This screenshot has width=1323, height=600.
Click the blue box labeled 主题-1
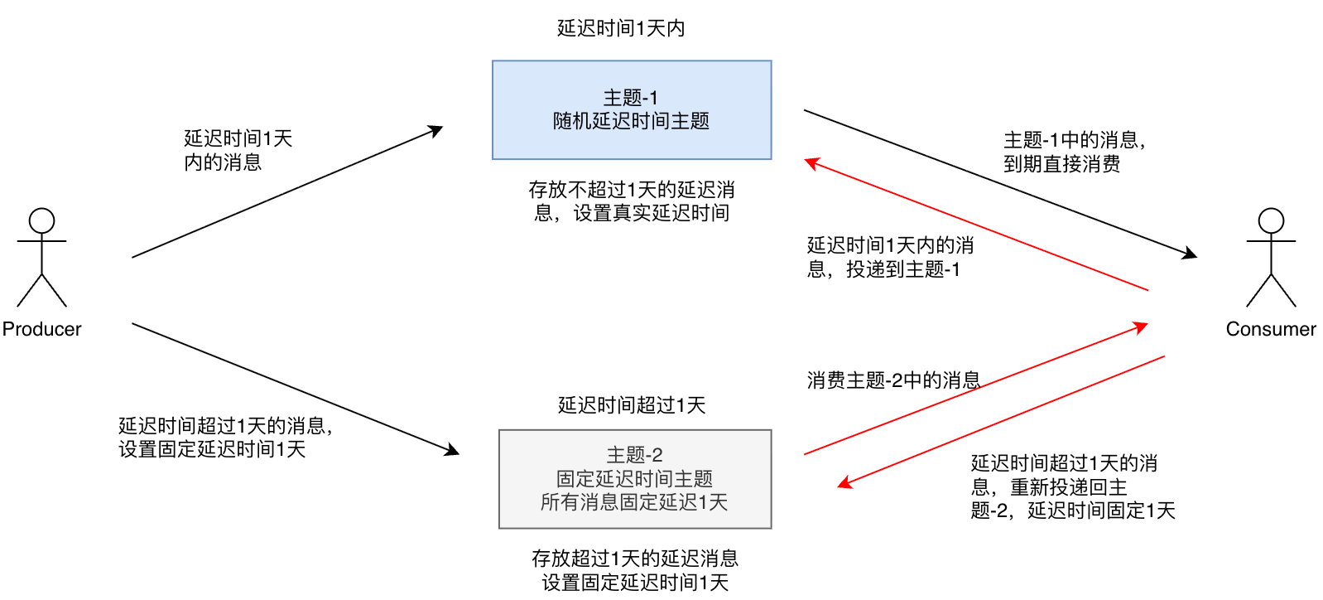[x=632, y=109]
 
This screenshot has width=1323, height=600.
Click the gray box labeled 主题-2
[x=635, y=478]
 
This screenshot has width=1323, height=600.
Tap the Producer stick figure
[x=41, y=257]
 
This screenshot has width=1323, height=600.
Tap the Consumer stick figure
[x=1271, y=257]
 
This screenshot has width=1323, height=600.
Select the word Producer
[x=41, y=329]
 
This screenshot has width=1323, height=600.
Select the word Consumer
[x=1271, y=329]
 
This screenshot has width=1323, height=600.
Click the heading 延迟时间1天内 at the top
[x=621, y=28]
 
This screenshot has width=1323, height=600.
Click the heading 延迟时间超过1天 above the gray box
[x=632, y=405]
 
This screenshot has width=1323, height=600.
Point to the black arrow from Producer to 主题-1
[x=286, y=192]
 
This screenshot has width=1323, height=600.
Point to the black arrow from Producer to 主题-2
[x=295, y=389]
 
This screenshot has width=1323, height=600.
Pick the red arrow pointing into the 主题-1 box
[x=977, y=225]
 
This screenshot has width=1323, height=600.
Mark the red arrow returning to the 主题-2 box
[x=1002, y=420]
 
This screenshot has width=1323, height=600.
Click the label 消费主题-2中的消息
[x=893, y=380]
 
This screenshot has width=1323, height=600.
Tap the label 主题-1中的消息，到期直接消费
[x=1075, y=152]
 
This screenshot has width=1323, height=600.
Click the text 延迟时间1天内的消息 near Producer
[x=238, y=150]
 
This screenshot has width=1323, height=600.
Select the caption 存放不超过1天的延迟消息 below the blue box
[x=632, y=201]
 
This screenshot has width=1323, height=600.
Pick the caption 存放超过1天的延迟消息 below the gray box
[x=635, y=570]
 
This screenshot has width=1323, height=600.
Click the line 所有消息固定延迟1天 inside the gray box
[x=634, y=502]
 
